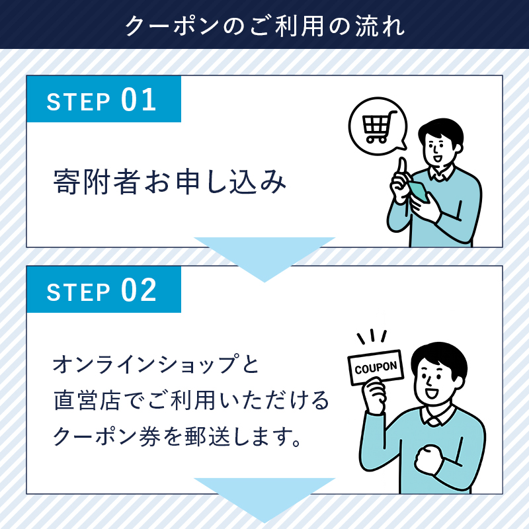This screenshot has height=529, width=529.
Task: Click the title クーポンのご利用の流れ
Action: coord(264,25)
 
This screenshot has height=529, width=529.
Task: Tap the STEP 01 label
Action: coord(102,101)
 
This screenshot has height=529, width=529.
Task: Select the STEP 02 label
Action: coord(102,291)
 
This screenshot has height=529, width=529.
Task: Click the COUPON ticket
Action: coord(376,366)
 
